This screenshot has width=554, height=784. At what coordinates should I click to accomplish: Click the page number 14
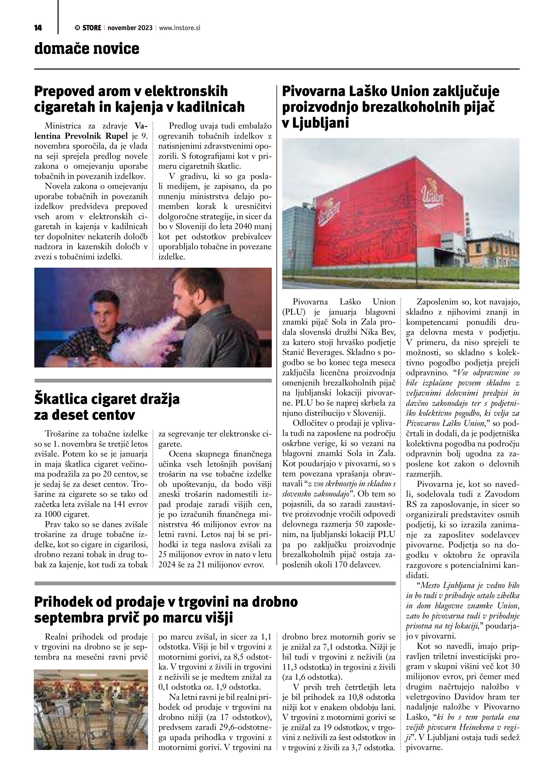pos(38,28)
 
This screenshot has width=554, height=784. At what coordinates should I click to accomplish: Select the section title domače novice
pos(87,49)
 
